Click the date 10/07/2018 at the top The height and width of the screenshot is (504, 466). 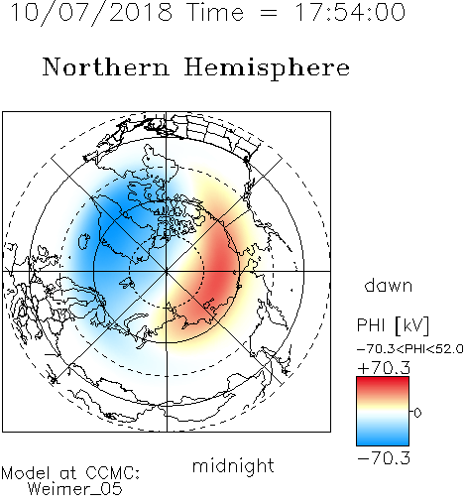(x=91, y=12)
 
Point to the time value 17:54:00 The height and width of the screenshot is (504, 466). (x=350, y=12)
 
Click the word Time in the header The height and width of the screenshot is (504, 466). (x=215, y=12)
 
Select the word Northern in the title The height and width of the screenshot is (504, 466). (x=106, y=66)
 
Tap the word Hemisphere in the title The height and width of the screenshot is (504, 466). (x=267, y=68)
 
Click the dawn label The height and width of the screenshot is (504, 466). (x=389, y=285)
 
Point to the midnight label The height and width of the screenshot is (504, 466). (x=233, y=465)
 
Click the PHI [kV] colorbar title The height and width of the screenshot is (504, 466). (x=393, y=325)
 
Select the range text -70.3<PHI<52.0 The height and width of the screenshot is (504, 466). (x=410, y=349)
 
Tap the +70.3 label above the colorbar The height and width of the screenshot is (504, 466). (x=384, y=368)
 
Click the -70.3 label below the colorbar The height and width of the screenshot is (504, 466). (x=384, y=458)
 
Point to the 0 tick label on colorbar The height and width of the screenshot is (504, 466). (x=417, y=413)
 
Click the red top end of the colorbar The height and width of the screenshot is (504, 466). (x=383, y=379)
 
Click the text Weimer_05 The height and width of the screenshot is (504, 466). (x=75, y=489)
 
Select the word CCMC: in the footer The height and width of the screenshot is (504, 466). (x=113, y=473)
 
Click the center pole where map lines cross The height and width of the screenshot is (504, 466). (x=167, y=271)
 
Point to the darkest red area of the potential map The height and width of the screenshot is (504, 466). (x=221, y=275)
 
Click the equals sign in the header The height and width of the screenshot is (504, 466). (x=269, y=13)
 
